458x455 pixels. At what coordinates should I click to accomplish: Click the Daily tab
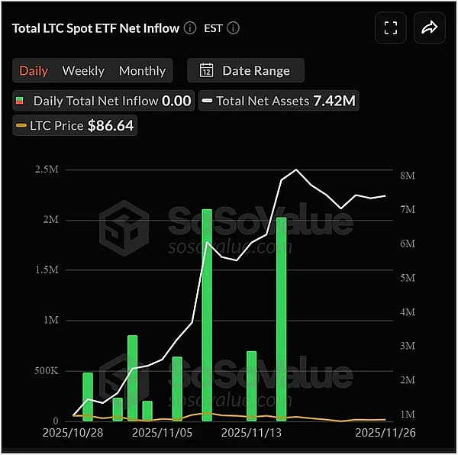click(x=34, y=71)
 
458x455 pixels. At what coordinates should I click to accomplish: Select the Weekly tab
click(x=83, y=71)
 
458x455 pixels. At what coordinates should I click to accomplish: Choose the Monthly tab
click(x=142, y=71)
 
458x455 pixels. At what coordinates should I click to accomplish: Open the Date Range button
click(x=245, y=71)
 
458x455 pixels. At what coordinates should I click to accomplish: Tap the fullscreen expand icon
click(x=391, y=28)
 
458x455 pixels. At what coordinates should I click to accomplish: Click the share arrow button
click(x=429, y=28)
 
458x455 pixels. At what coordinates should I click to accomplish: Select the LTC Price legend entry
click(x=74, y=125)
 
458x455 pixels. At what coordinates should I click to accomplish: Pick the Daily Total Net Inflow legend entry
click(x=103, y=100)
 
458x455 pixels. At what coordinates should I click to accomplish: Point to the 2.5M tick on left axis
click(x=47, y=169)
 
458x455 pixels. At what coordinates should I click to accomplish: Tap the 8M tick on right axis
click(x=407, y=176)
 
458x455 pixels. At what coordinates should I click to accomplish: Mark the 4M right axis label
click(x=407, y=312)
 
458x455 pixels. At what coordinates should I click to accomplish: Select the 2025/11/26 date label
click(x=385, y=432)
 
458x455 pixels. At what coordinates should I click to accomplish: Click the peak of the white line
click(x=296, y=169)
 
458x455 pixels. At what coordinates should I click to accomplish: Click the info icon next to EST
click(x=234, y=28)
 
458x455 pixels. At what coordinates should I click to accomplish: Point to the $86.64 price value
click(x=111, y=125)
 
